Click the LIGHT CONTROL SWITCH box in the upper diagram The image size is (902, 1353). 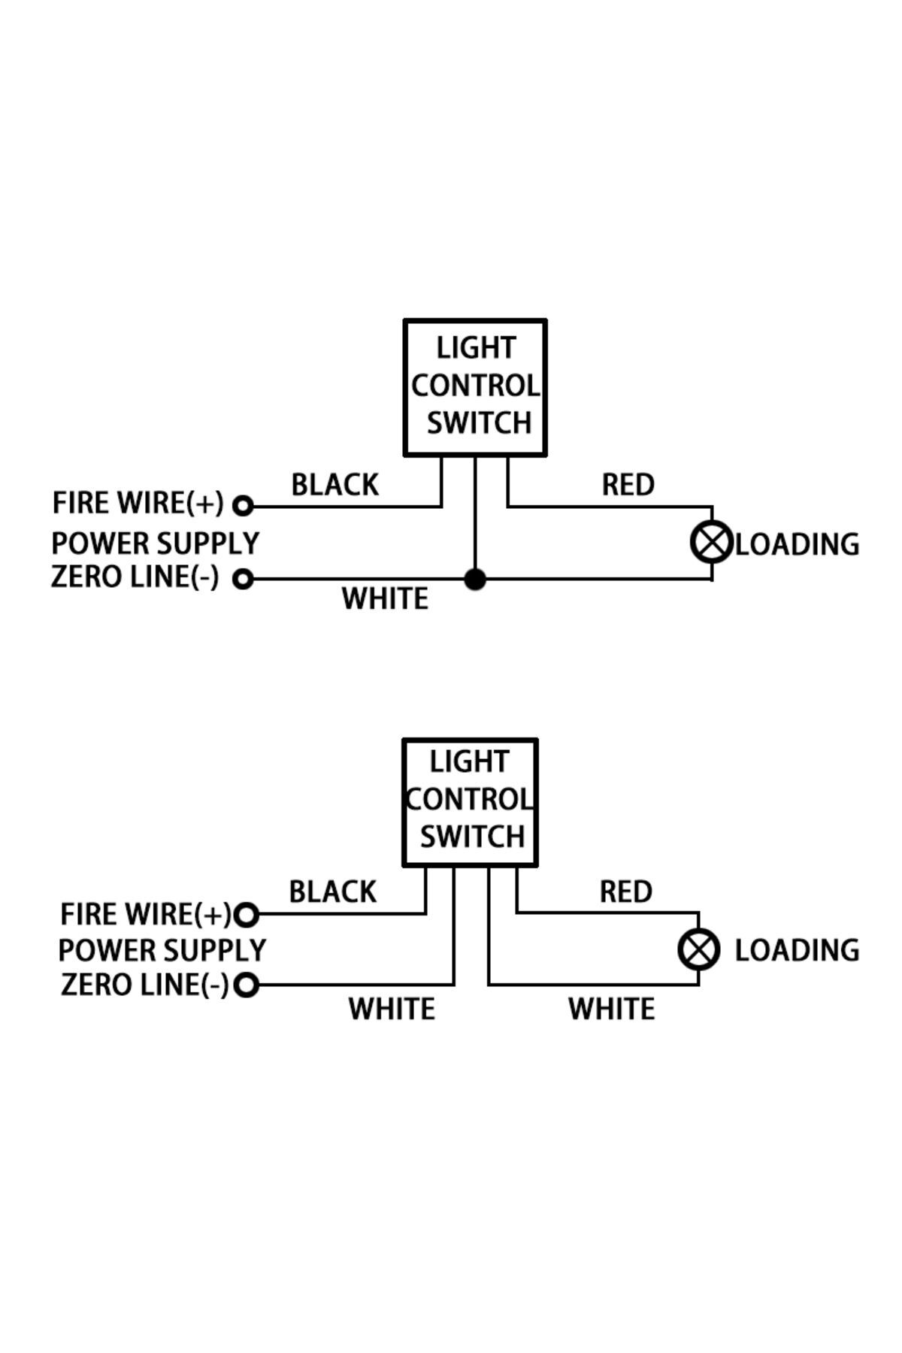[475, 387]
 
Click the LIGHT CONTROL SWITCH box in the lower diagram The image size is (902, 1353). [470, 802]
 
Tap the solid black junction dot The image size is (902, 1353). [475, 580]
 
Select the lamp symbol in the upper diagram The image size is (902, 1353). [711, 542]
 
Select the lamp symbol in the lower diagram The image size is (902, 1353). [699, 949]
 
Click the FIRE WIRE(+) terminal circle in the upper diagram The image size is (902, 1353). [242, 506]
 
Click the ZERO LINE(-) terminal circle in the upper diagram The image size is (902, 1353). [242, 580]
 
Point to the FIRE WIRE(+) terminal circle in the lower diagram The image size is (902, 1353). [247, 915]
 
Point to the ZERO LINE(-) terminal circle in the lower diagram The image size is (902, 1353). [247, 985]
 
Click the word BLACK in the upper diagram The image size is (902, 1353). [335, 486]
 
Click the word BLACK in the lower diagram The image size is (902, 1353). [333, 892]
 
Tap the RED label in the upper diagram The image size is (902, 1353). [628, 486]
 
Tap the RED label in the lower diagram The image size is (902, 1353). [626, 892]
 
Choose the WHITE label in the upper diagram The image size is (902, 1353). [386, 599]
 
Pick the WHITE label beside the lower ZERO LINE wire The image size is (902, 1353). [392, 1009]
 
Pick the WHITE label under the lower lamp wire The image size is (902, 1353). [611, 1009]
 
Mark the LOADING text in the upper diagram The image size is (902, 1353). [797, 544]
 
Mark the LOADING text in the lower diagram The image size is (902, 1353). [797, 951]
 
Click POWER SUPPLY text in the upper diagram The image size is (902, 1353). [156, 543]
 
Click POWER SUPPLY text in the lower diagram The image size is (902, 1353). [162, 951]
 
